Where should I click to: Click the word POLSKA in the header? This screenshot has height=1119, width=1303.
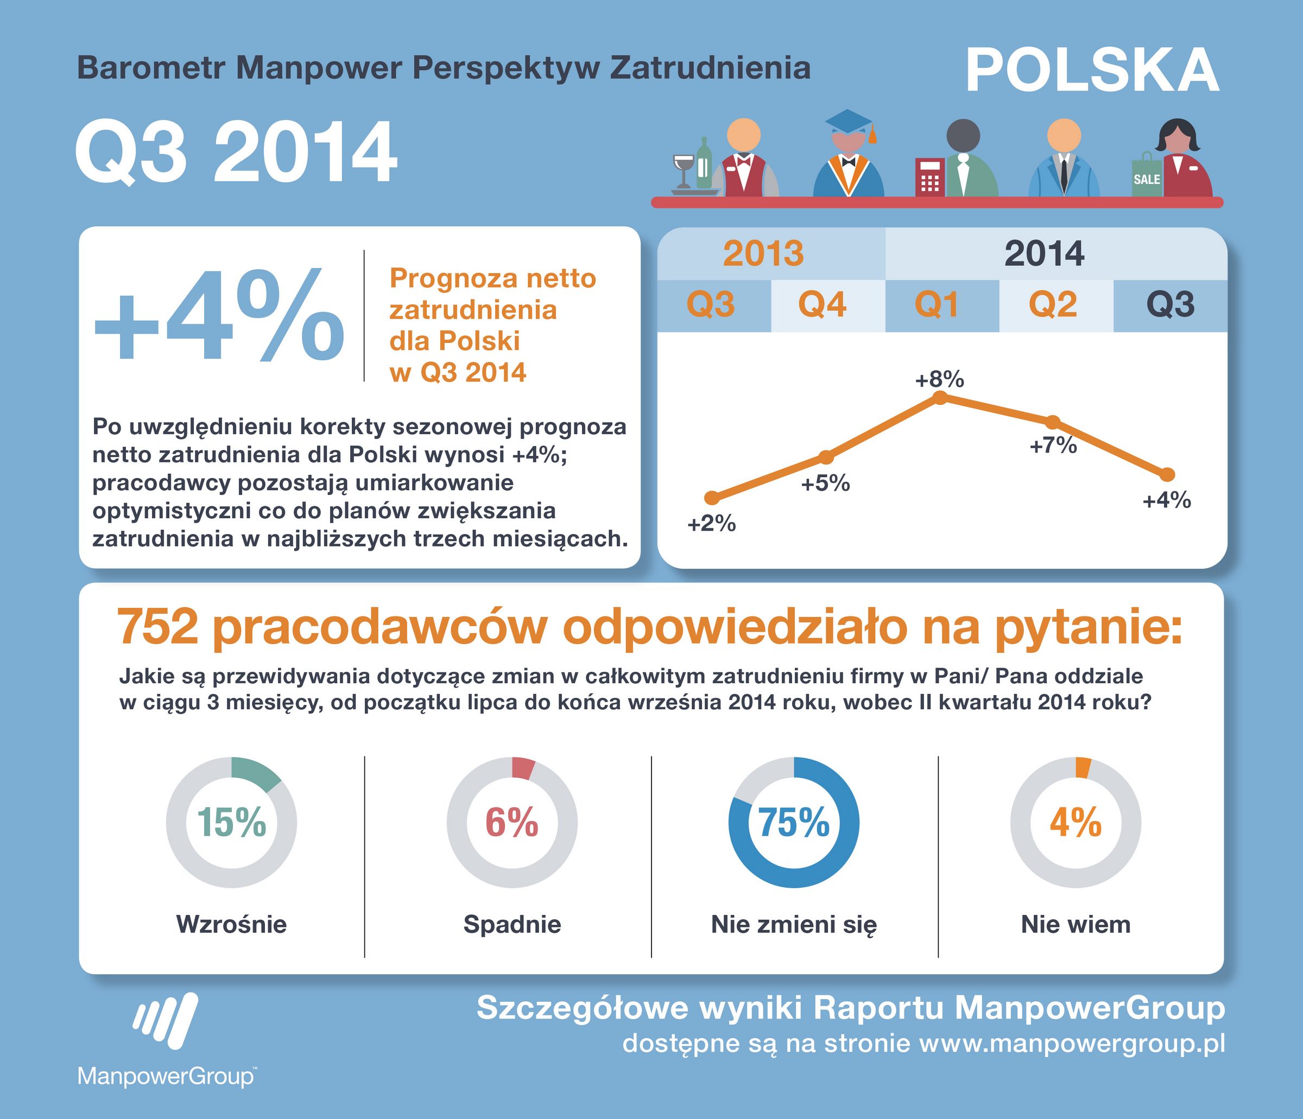coord(1092,71)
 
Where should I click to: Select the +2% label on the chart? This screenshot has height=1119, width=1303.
coord(711,524)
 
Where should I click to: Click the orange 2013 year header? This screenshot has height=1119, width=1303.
coord(763,253)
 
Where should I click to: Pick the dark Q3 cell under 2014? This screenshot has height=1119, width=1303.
coord(1169,305)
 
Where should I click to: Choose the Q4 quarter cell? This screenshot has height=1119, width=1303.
coord(822,305)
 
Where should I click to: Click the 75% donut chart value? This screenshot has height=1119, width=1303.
coord(794,822)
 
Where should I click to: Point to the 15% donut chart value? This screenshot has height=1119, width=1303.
coord(231,822)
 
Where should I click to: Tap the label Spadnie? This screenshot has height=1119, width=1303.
coord(512,924)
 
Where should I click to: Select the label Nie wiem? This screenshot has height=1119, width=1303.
coord(1076,924)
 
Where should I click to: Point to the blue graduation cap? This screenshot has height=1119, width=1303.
coord(849,122)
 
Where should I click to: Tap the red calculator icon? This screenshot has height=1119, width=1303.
coord(929,177)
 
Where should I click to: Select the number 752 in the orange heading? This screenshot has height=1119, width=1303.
coord(157,627)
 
